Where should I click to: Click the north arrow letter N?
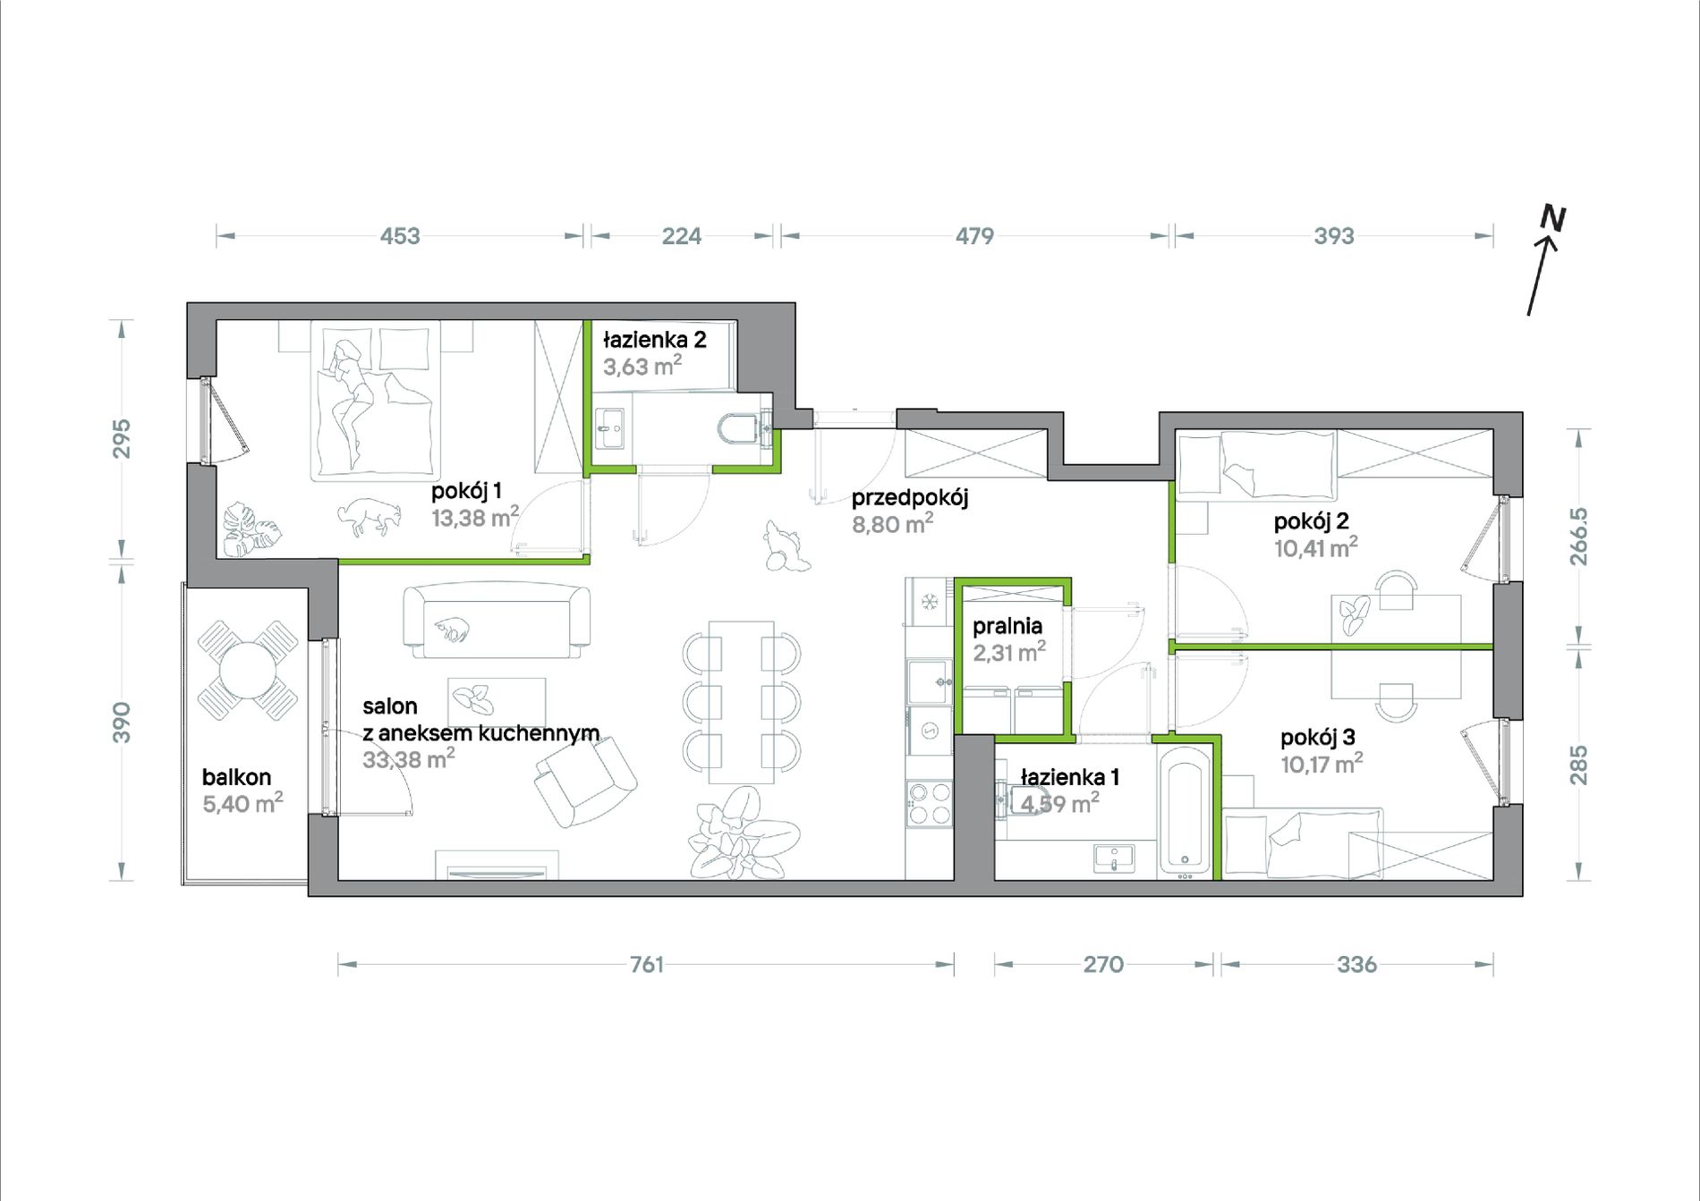[1552, 218]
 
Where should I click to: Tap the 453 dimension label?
[400, 236]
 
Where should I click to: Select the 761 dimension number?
[647, 964]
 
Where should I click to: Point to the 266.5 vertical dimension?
[1578, 537]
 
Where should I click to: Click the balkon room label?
[236, 777]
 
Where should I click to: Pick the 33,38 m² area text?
[409, 759]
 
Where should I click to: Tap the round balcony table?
[248, 671]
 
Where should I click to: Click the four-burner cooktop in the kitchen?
[929, 802]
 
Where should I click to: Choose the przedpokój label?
[910, 497]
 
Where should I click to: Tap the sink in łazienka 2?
[613, 429]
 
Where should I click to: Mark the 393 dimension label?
[1334, 236]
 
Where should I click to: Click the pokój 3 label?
[1318, 738]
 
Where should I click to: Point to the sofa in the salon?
[497, 622]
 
